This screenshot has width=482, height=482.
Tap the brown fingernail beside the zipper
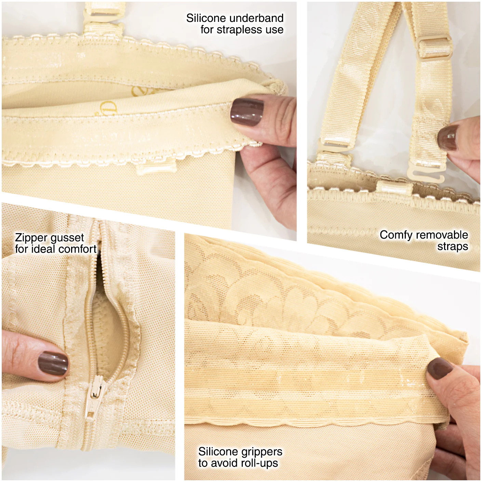53,364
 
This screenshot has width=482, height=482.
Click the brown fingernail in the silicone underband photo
247,112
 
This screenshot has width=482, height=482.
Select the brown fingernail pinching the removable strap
448,138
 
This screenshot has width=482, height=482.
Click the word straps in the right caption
453,247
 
